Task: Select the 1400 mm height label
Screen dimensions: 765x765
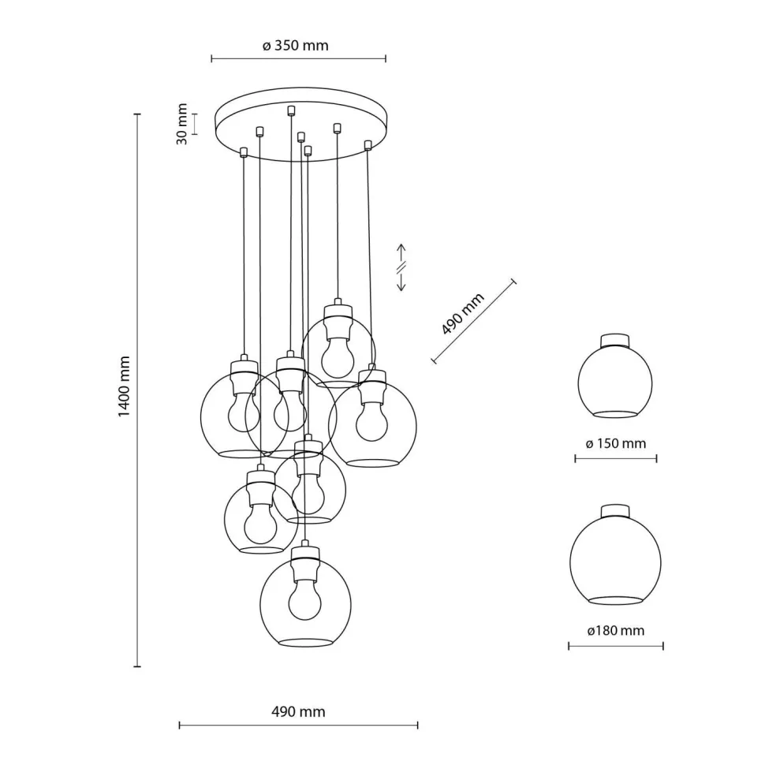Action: point(125,386)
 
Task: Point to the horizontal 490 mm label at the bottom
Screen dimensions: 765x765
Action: point(297,711)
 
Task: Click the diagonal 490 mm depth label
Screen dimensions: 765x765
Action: point(463,313)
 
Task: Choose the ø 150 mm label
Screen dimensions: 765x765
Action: point(615,443)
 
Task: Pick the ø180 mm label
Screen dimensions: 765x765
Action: point(615,631)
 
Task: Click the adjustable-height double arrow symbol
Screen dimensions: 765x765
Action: point(401,267)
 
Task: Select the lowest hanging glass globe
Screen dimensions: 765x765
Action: point(305,599)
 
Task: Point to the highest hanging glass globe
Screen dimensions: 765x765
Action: point(338,347)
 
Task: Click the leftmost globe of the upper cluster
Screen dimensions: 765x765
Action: point(237,414)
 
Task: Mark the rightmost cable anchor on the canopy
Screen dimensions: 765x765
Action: point(368,144)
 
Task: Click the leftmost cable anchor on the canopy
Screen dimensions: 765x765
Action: point(244,151)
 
